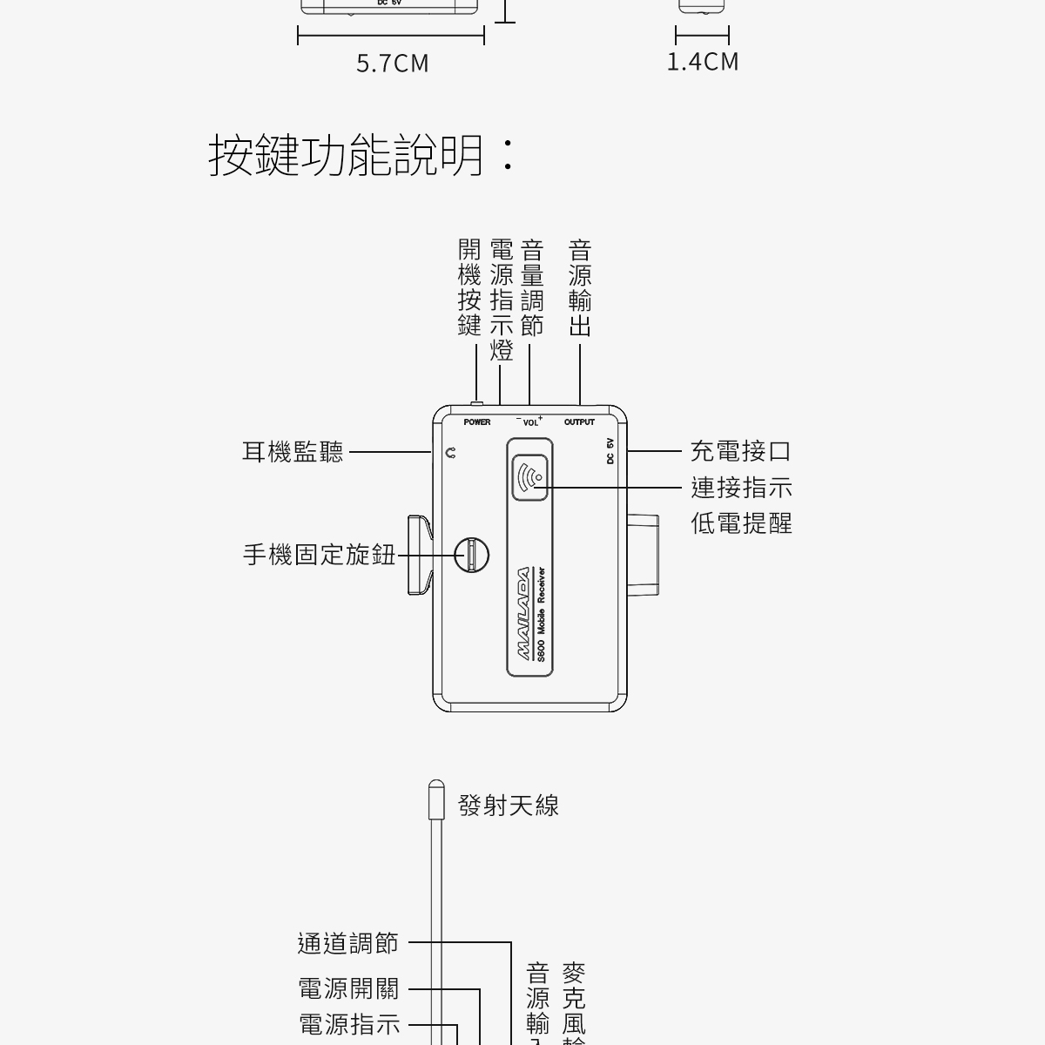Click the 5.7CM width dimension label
coord(393,64)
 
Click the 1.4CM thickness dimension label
coord(703,62)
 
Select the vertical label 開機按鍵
coord(469,288)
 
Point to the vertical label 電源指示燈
coord(501,300)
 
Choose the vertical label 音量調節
coord(531,288)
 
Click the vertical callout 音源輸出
coord(580,288)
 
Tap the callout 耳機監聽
coord(293,452)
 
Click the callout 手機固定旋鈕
coord(319,555)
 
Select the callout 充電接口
coord(741,451)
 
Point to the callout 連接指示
coord(741,488)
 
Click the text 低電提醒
coord(741,523)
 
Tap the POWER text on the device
coord(477,422)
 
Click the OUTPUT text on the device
coord(579,422)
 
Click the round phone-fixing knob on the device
coord(471,554)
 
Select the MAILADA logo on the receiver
coord(523,614)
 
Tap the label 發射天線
coord(509,806)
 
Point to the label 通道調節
coord(347,943)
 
